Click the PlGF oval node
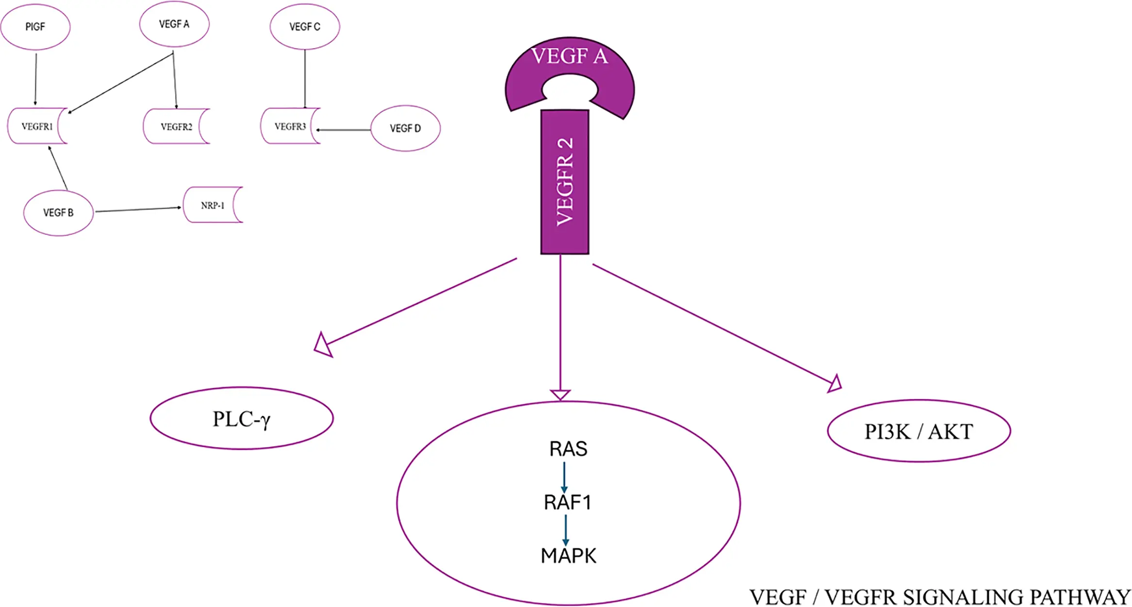click(x=35, y=27)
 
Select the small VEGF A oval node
click(x=174, y=24)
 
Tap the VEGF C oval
click(x=305, y=27)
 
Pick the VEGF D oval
click(x=405, y=128)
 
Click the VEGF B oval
click(x=58, y=213)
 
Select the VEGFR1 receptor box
click(x=37, y=126)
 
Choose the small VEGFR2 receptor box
click(x=176, y=126)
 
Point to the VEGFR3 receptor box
click(x=290, y=126)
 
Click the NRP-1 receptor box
click(x=212, y=205)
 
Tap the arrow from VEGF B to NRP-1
click(x=138, y=209)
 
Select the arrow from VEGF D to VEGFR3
click(x=344, y=130)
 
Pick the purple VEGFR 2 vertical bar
click(x=565, y=182)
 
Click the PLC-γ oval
click(x=241, y=418)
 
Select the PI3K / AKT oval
click(x=919, y=431)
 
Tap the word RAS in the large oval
click(x=568, y=449)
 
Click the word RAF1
click(x=567, y=502)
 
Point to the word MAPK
click(x=568, y=556)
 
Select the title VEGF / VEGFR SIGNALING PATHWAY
click(x=940, y=597)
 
